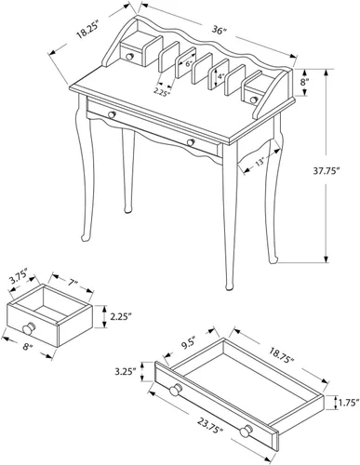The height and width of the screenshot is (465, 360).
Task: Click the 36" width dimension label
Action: (220, 31)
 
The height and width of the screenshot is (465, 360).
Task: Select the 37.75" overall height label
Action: (325, 171)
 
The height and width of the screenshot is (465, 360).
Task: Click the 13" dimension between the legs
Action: (260, 162)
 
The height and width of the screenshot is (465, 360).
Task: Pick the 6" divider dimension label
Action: (189, 65)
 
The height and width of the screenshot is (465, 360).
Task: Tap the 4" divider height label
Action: (220, 76)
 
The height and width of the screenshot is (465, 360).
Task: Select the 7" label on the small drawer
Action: (73, 283)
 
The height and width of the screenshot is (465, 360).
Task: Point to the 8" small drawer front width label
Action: (27, 347)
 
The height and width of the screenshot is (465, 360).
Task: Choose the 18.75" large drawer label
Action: (281, 355)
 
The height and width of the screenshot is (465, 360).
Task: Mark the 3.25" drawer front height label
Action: (125, 371)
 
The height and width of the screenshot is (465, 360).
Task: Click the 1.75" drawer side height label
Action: (349, 403)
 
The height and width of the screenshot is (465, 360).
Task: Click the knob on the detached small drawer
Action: (29, 328)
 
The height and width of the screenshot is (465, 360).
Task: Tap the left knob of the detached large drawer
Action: (176, 390)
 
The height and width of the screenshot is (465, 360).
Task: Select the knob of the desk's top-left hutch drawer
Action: (129, 57)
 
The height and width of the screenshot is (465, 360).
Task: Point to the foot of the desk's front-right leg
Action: (229, 286)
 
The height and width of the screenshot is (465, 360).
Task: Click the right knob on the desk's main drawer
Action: (191, 142)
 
